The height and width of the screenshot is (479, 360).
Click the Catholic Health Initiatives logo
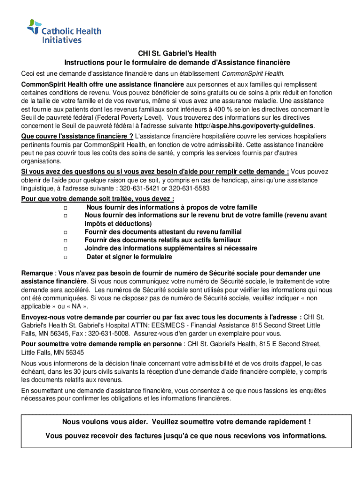[64, 31]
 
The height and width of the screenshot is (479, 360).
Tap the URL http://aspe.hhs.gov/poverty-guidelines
[254, 126]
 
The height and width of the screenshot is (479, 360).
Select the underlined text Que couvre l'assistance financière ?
[77, 136]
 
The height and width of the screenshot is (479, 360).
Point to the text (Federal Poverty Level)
[134, 117]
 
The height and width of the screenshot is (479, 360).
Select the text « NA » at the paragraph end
[74, 306]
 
